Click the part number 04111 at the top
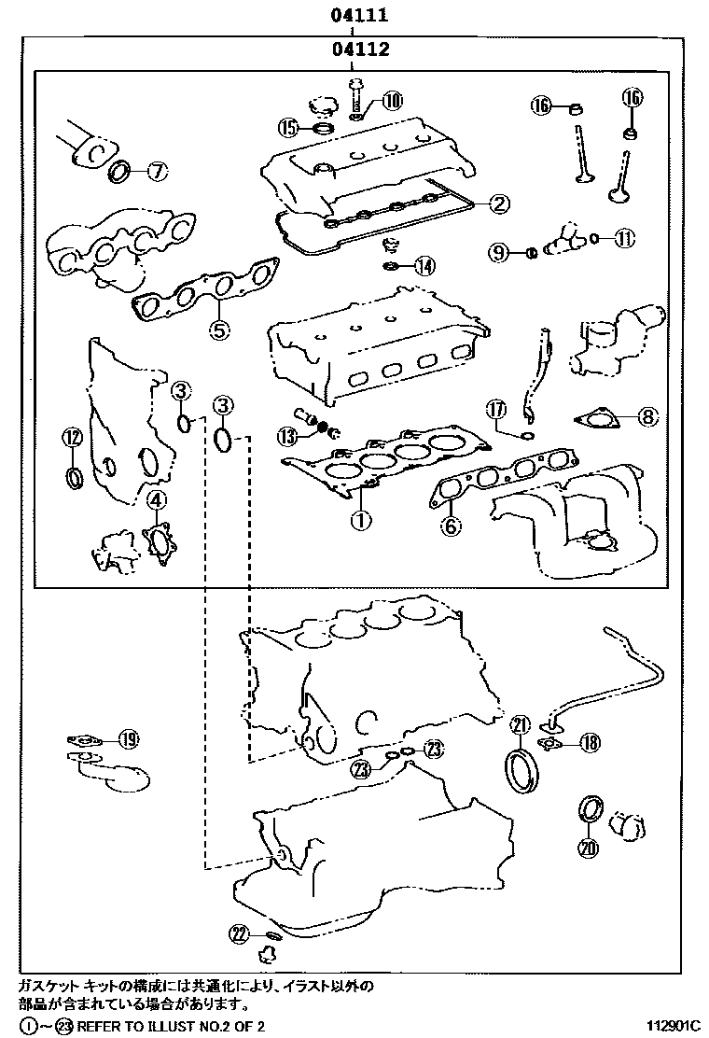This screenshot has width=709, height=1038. [x=351, y=16]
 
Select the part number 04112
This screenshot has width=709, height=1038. [x=351, y=49]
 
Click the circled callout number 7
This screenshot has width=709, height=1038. [x=157, y=171]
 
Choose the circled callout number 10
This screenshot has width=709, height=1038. [x=391, y=99]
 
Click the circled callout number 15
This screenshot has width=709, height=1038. [x=289, y=126]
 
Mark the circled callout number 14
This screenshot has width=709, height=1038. [x=424, y=266]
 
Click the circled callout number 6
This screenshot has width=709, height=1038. [x=451, y=527]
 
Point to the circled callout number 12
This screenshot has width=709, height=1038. [x=73, y=435]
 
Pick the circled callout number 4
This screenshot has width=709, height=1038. [x=156, y=500]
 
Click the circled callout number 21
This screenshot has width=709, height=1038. [x=520, y=724]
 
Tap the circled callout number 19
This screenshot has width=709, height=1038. [x=128, y=740]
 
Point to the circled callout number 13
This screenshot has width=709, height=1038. [x=288, y=435]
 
